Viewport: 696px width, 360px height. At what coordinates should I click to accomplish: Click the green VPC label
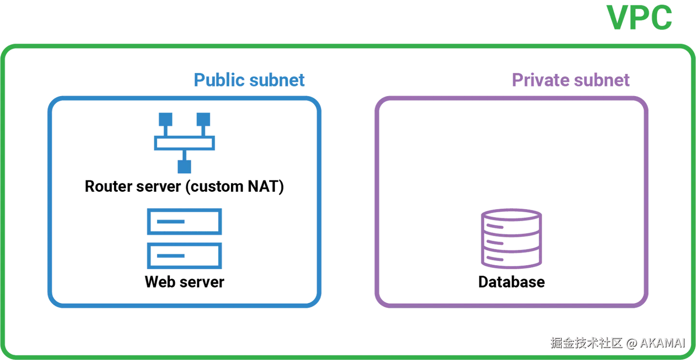point(641,18)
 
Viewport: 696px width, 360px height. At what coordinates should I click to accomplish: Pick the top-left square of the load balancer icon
point(166,119)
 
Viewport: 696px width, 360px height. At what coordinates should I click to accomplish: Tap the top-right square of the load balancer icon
point(203,119)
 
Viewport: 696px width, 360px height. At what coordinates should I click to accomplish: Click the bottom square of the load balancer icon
point(184,166)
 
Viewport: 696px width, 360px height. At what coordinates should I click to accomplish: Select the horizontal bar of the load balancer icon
point(184,144)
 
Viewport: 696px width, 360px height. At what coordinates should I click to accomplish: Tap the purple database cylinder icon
point(511,238)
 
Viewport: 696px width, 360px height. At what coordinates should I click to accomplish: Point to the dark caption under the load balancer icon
point(184,186)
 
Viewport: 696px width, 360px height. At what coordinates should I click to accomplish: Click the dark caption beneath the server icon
point(184,281)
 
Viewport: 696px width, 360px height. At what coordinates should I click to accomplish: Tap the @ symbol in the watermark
point(631,343)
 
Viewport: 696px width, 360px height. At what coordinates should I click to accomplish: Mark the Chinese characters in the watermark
point(585,343)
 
